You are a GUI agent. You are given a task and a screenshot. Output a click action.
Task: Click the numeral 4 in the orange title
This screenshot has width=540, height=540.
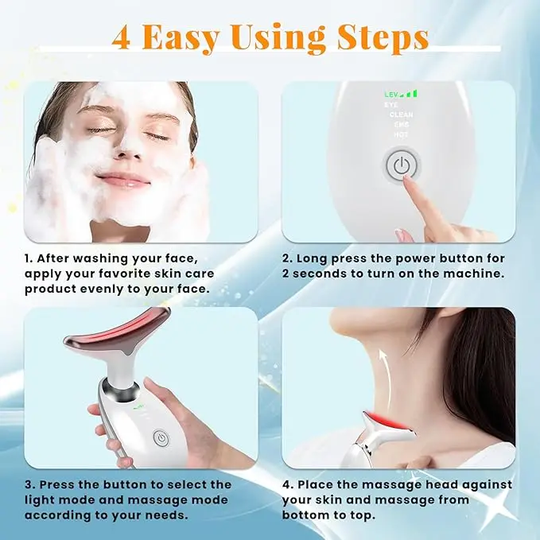point(121,37)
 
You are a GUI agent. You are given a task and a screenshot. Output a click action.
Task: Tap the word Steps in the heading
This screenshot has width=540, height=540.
point(383,38)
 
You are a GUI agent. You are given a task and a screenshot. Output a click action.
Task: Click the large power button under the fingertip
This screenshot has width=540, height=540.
point(401,165)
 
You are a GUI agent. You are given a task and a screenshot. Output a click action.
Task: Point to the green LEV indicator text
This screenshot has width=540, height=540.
point(390,95)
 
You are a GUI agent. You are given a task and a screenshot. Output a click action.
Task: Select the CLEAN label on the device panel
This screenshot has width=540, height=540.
point(401,115)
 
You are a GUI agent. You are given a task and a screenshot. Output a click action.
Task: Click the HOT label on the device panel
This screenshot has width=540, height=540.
point(401,134)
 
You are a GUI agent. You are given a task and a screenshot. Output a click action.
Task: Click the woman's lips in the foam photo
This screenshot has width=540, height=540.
point(123,180)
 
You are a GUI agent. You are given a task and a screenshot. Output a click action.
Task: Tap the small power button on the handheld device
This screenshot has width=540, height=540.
point(161,438)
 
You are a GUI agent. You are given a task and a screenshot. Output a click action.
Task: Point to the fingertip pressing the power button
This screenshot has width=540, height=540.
point(407,179)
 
